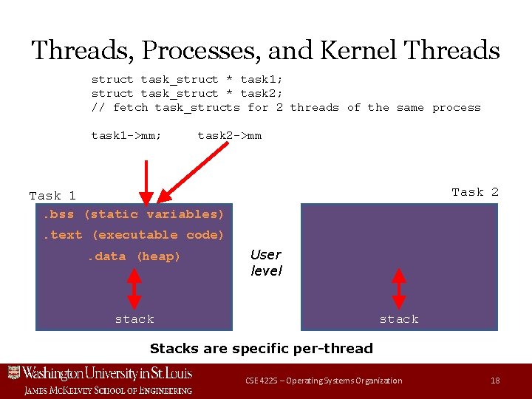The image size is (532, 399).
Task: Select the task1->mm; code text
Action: (126, 135)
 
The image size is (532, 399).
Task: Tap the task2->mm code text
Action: (229, 135)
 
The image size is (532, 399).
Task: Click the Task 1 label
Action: (52, 196)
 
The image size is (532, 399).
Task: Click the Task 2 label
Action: (475, 192)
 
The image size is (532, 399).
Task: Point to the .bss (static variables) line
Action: (133, 214)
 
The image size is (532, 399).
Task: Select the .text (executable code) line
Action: (133, 235)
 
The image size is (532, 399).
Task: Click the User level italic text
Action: (266, 262)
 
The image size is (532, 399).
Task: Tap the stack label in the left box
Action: (134, 319)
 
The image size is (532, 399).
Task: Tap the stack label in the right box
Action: (399, 319)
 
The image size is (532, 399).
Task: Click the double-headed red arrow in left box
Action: (134, 287)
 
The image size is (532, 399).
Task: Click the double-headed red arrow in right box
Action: (399, 287)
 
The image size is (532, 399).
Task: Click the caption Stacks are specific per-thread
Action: (261, 348)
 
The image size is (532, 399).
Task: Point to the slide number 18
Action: (495, 381)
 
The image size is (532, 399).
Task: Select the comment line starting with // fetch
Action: (285, 108)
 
